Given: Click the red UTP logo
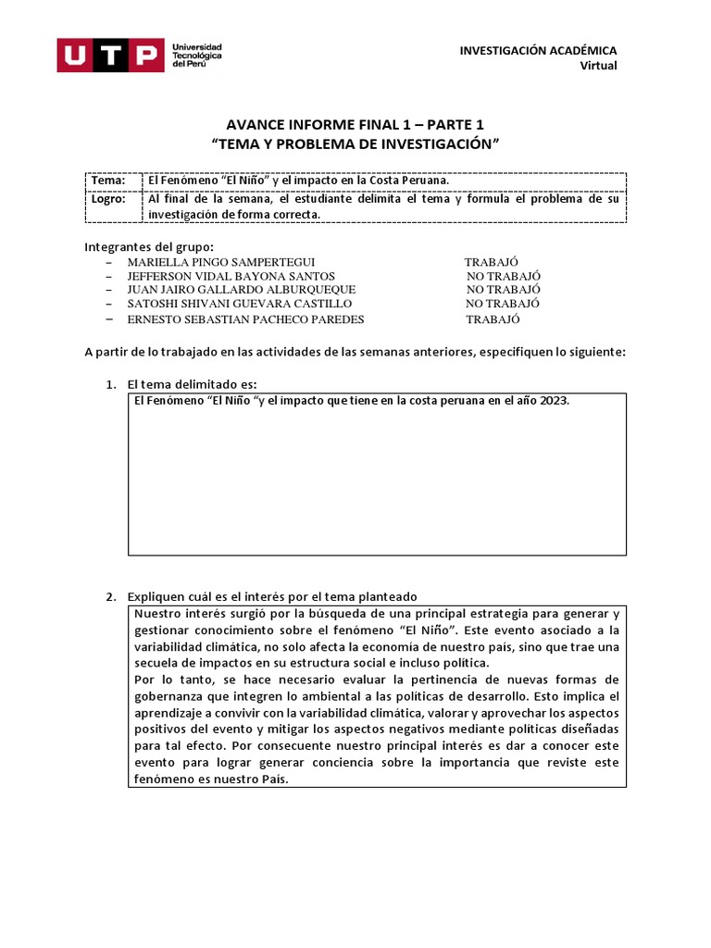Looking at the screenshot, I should click(x=110, y=56).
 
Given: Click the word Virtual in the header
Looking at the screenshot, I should click(x=598, y=65).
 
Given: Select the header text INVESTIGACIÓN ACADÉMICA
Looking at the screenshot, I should click(x=538, y=50).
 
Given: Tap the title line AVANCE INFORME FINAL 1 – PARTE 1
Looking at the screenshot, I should click(x=355, y=125).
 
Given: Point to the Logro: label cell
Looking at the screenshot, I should click(x=109, y=198).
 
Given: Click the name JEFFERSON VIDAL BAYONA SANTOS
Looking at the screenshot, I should click(x=231, y=276).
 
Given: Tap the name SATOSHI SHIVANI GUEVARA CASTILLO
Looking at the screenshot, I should click(x=239, y=304).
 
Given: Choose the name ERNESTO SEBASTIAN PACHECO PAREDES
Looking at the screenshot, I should click(x=245, y=319).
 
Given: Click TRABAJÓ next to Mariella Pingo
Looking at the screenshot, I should click(x=492, y=262).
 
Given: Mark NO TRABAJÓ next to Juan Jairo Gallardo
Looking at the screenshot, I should click(x=503, y=290).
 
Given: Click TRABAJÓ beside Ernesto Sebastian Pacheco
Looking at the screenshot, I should click(x=493, y=319).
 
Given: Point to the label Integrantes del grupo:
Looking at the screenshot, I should click(x=149, y=246).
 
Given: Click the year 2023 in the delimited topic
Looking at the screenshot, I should click(x=554, y=402).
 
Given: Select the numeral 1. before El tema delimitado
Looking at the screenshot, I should click(x=109, y=384).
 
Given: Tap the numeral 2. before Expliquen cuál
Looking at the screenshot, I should click(x=109, y=596).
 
